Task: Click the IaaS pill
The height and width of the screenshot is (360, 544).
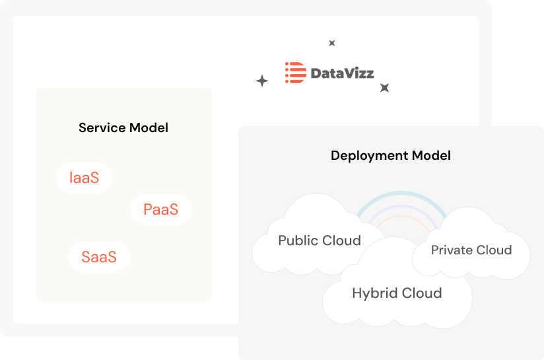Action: coord(85,178)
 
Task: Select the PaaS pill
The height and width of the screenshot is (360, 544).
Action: coord(161,209)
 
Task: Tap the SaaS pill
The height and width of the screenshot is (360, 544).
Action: coord(99,257)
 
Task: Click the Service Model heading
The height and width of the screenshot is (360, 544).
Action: coord(123,127)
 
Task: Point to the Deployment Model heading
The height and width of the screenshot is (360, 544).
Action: coord(391,155)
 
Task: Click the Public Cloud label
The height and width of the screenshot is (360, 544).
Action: coord(320,240)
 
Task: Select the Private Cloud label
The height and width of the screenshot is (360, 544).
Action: coord(471,250)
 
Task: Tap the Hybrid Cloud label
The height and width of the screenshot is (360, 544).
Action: coord(397,293)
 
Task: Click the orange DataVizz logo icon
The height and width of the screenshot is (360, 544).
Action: coord(296,73)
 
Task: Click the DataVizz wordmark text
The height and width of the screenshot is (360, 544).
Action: coord(342,73)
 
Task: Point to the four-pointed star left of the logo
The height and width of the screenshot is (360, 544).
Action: coord(262,81)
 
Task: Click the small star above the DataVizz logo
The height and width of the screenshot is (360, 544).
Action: coord(332,43)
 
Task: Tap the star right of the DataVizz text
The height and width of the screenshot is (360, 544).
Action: coord(384,87)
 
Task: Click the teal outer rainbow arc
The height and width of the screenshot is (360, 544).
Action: coord(401,193)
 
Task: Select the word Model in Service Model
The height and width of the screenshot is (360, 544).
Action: coord(149,127)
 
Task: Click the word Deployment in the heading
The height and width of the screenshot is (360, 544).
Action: coord(370,155)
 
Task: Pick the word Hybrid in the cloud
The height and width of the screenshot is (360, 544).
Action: coord(375,293)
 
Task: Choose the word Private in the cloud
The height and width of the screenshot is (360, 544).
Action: coord(452,250)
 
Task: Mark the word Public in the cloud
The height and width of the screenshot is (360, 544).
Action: coord(298,240)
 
